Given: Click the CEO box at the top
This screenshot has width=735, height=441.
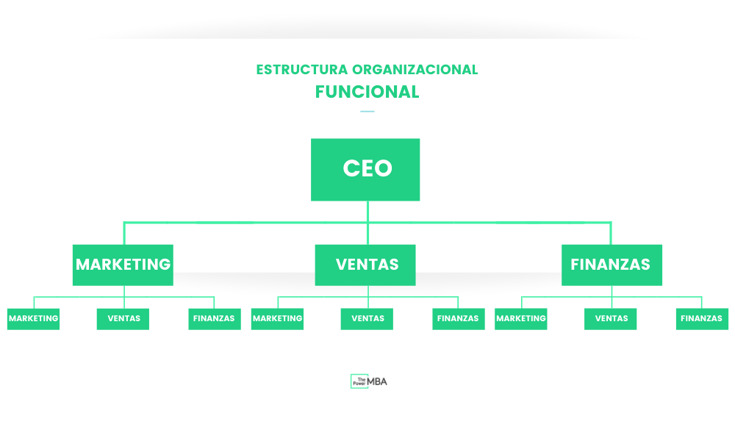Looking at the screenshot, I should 365,169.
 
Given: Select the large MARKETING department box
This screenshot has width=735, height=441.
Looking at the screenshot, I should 123,265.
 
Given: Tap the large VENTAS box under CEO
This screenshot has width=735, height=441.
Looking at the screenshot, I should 365,265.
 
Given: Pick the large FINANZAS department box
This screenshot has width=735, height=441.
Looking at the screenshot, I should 612,265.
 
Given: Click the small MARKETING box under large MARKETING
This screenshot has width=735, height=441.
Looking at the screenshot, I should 33,319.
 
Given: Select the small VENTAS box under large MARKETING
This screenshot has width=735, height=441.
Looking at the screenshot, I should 123,319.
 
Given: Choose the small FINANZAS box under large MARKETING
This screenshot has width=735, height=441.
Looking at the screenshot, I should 214,319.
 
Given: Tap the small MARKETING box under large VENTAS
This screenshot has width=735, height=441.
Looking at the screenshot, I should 277,319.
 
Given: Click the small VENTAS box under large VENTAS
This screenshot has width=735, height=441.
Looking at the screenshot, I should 367,319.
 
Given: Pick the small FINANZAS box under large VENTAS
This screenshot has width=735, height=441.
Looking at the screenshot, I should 458,319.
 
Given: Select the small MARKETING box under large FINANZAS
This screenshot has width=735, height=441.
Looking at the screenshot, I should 520,319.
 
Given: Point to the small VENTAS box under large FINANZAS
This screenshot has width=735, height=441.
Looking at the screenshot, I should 610,319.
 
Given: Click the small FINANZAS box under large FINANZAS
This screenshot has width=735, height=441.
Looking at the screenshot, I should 702,319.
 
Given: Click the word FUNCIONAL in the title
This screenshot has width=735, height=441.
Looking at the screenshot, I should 367,92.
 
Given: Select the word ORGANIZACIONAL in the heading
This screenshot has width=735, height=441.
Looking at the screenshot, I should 415,70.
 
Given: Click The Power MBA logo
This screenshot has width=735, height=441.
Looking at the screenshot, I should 368,381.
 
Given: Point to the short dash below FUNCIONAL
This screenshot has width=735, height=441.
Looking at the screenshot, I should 367,112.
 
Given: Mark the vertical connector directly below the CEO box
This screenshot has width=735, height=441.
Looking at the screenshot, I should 367,211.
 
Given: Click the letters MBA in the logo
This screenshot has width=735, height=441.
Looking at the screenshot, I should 378,381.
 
